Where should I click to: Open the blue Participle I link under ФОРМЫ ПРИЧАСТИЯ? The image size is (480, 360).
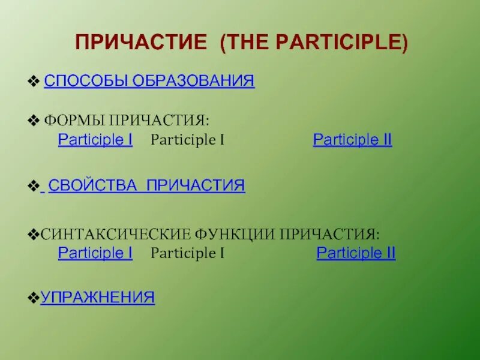coord(95,140)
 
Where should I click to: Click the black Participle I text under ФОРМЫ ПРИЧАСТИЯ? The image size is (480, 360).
coord(187,140)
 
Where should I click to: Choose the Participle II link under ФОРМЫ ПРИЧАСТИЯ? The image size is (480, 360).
coord(352,140)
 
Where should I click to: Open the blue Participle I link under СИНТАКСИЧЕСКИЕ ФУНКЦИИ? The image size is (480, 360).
coord(95,253)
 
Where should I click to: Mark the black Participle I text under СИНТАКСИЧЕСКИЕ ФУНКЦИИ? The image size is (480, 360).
coord(187,253)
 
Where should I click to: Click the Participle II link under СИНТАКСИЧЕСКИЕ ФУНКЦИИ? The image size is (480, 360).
coord(356,253)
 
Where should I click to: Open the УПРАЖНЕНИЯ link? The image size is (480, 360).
coord(97,297)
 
